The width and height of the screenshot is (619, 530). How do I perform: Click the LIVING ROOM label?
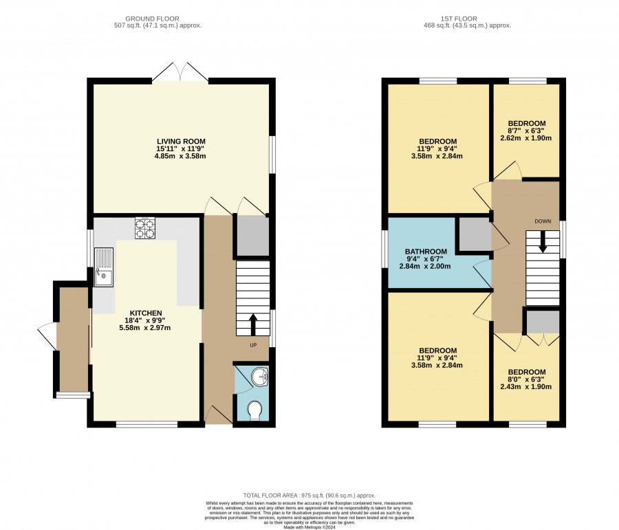tap(181, 142)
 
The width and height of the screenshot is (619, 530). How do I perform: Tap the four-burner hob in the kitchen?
tap(145, 228)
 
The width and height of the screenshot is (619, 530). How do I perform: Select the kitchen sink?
tap(104, 267)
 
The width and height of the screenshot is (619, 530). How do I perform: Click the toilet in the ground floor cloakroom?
tap(254, 410)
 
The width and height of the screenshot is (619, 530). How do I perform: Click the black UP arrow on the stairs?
tap(253, 324)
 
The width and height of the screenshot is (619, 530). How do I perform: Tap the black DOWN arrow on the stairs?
tap(543, 241)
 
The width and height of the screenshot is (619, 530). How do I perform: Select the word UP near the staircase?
tap(253, 345)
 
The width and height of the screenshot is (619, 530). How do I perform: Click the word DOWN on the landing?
tap(543, 221)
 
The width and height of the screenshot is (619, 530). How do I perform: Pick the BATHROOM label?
tap(426, 252)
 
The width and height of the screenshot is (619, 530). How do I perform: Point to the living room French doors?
tap(180, 72)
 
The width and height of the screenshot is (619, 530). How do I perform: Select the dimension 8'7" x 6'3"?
tap(527, 131)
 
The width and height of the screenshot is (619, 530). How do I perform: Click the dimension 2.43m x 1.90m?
tap(526, 387)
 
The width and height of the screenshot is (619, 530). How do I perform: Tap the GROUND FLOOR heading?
tap(152, 19)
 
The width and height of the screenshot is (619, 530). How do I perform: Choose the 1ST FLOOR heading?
tap(459, 19)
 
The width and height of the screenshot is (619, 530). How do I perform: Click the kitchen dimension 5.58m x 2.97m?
tap(145, 327)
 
